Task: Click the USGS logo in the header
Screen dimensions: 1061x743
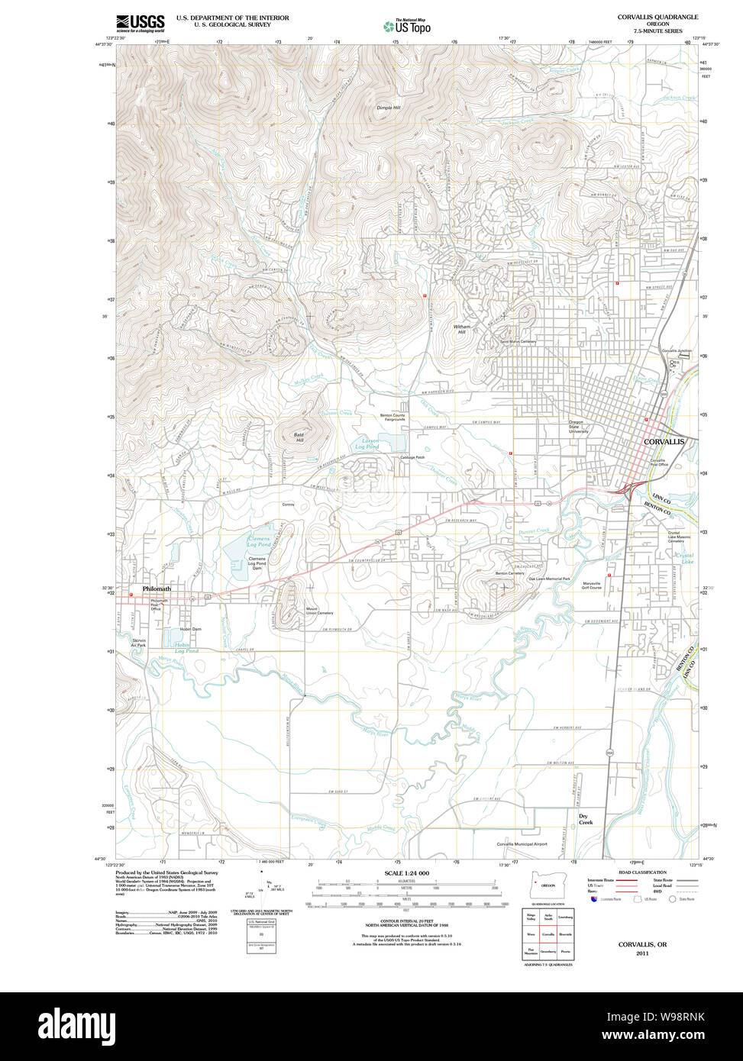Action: click(x=140, y=23)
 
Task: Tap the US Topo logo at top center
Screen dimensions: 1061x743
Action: click(x=406, y=25)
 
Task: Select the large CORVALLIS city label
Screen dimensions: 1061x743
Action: click(x=664, y=442)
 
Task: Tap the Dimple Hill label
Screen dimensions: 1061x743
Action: click(x=388, y=108)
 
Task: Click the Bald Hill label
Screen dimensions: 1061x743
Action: click(x=299, y=437)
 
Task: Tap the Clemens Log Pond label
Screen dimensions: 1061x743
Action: click(x=259, y=542)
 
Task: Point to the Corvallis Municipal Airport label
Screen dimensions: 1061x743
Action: click(x=522, y=844)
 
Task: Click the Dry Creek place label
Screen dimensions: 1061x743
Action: click(x=586, y=819)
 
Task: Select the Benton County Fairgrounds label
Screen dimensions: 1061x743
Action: click(x=393, y=418)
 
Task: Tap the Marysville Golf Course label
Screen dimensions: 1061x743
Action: click(x=591, y=585)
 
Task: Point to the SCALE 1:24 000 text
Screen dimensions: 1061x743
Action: click(x=406, y=873)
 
